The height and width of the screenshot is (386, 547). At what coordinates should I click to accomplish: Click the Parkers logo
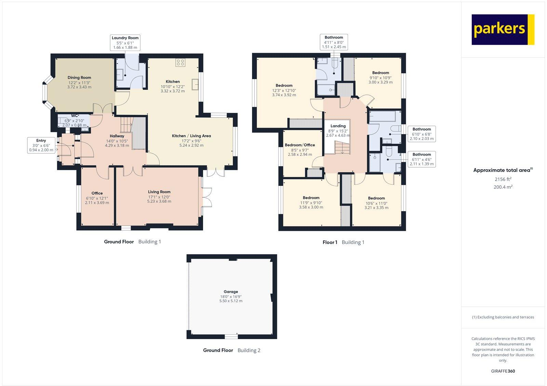click(x=503, y=29)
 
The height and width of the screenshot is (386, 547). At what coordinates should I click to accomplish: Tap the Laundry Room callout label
click(x=125, y=42)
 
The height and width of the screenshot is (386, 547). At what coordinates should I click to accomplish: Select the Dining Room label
click(x=79, y=78)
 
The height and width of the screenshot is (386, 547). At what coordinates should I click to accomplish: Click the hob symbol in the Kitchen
click(x=181, y=63)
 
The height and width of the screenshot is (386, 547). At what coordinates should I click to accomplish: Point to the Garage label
click(x=231, y=292)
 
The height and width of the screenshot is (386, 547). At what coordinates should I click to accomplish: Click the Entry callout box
click(x=41, y=145)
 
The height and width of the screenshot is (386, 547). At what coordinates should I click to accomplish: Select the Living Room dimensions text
click(x=159, y=199)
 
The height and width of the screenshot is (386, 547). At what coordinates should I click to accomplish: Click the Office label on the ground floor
click(x=97, y=193)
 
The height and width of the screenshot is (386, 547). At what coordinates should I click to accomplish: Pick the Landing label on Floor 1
click(x=338, y=126)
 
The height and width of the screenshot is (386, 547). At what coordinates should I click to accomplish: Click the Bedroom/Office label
click(x=300, y=145)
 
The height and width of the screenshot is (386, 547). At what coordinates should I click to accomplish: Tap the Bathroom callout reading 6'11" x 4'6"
click(x=422, y=159)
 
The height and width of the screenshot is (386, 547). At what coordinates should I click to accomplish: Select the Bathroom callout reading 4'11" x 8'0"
click(x=334, y=42)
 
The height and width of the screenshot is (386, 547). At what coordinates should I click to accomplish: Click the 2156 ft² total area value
click(x=503, y=179)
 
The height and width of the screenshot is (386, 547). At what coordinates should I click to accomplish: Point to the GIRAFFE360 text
click(x=503, y=371)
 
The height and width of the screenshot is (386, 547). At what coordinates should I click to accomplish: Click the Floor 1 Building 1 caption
click(x=343, y=242)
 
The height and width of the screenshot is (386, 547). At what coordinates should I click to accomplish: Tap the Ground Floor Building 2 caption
click(x=231, y=350)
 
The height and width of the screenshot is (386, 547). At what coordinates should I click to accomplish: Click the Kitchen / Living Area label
click(x=191, y=136)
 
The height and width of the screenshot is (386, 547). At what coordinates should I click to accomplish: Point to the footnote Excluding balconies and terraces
click(x=503, y=317)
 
